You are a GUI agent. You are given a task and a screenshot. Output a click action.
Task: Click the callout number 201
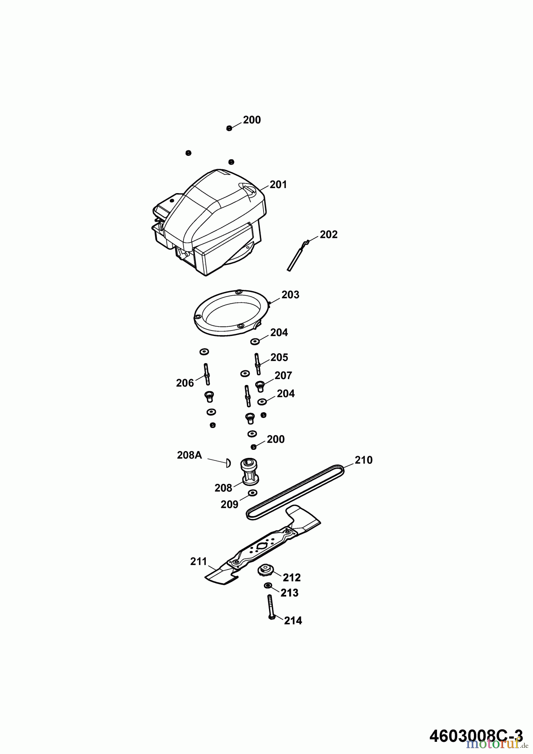point(278,184)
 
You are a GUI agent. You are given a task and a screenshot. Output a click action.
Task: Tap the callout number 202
point(329,235)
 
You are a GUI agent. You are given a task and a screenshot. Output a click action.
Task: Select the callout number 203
point(290,295)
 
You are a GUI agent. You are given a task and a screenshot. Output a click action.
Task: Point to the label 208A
point(189,455)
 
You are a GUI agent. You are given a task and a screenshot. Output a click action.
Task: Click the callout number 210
point(363,460)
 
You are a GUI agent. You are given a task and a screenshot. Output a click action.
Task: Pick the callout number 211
point(199,562)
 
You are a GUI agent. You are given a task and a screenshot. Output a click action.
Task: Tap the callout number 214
point(293,621)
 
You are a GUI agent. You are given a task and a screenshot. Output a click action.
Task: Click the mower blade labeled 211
point(263,545)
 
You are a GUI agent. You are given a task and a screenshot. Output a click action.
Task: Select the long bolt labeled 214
point(270,608)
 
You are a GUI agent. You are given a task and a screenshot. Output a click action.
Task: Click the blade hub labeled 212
point(265,570)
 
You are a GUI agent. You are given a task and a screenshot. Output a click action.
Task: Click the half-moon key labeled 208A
point(228,462)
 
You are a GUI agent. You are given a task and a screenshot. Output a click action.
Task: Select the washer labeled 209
point(252,493)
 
